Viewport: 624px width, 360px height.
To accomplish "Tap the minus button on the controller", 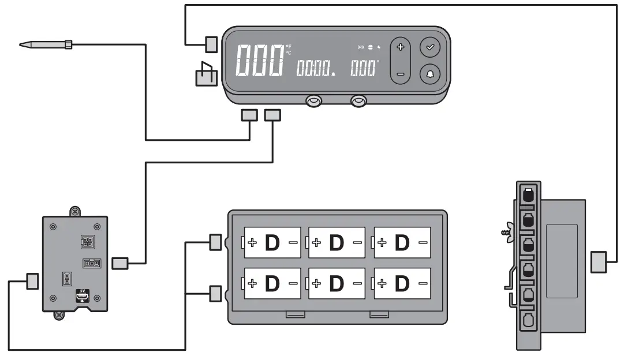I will click(401, 74).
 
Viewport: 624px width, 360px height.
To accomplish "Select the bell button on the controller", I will click(430, 74).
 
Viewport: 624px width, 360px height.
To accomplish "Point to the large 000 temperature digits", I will click(260, 61).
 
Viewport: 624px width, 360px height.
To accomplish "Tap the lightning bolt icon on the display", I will click(379, 47).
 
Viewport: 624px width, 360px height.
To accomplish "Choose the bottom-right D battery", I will click(402, 283).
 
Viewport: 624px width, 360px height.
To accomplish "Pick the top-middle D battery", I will click(337, 243).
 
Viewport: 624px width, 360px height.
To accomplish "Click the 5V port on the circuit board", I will click(83, 296).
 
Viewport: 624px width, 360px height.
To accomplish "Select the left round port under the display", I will click(313, 102).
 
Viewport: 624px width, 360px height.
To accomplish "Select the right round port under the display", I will click(358, 102).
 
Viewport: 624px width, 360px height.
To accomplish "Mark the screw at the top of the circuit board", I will click(74, 212).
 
